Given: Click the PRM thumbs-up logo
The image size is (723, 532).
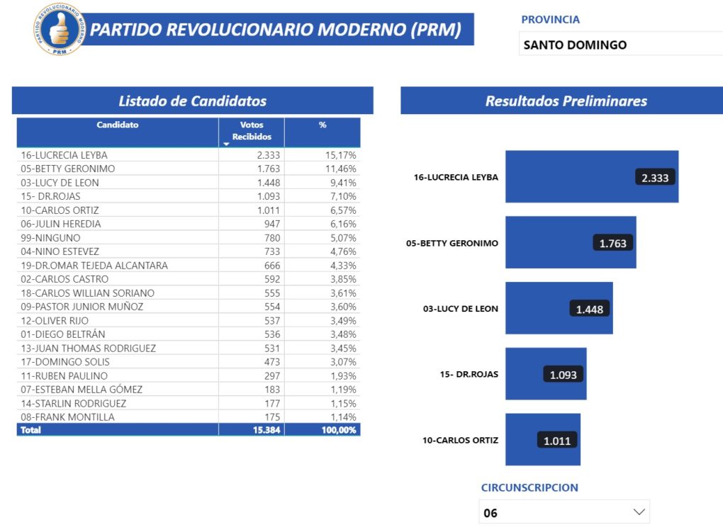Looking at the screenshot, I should tap(59, 30).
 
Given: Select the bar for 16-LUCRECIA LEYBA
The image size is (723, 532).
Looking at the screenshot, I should tap(567, 177).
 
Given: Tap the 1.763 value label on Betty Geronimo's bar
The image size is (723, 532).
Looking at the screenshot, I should tap(613, 243).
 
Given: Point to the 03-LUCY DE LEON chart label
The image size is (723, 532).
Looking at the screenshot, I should tap(460, 309).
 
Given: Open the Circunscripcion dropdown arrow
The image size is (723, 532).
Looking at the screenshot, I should tap(639, 511).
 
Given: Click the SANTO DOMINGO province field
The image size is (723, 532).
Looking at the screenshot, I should tap(620, 45).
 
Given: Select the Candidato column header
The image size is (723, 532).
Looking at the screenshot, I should tap(118, 125).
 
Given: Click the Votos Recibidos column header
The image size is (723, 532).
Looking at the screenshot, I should tap(252, 131).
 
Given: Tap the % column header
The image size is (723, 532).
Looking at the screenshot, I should tap(323, 125).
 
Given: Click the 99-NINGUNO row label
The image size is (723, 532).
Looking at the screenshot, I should tap(50, 237).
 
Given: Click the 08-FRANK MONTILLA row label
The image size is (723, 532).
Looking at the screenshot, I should tap(67, 417).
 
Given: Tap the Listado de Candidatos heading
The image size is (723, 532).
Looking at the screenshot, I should tap(192, 101).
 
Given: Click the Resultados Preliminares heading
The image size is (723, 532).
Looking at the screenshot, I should tap(566, 101).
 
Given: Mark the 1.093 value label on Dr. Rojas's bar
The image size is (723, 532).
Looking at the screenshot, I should tap(564, 374).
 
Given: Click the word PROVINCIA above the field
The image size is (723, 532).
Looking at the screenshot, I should tap(550, 20).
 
